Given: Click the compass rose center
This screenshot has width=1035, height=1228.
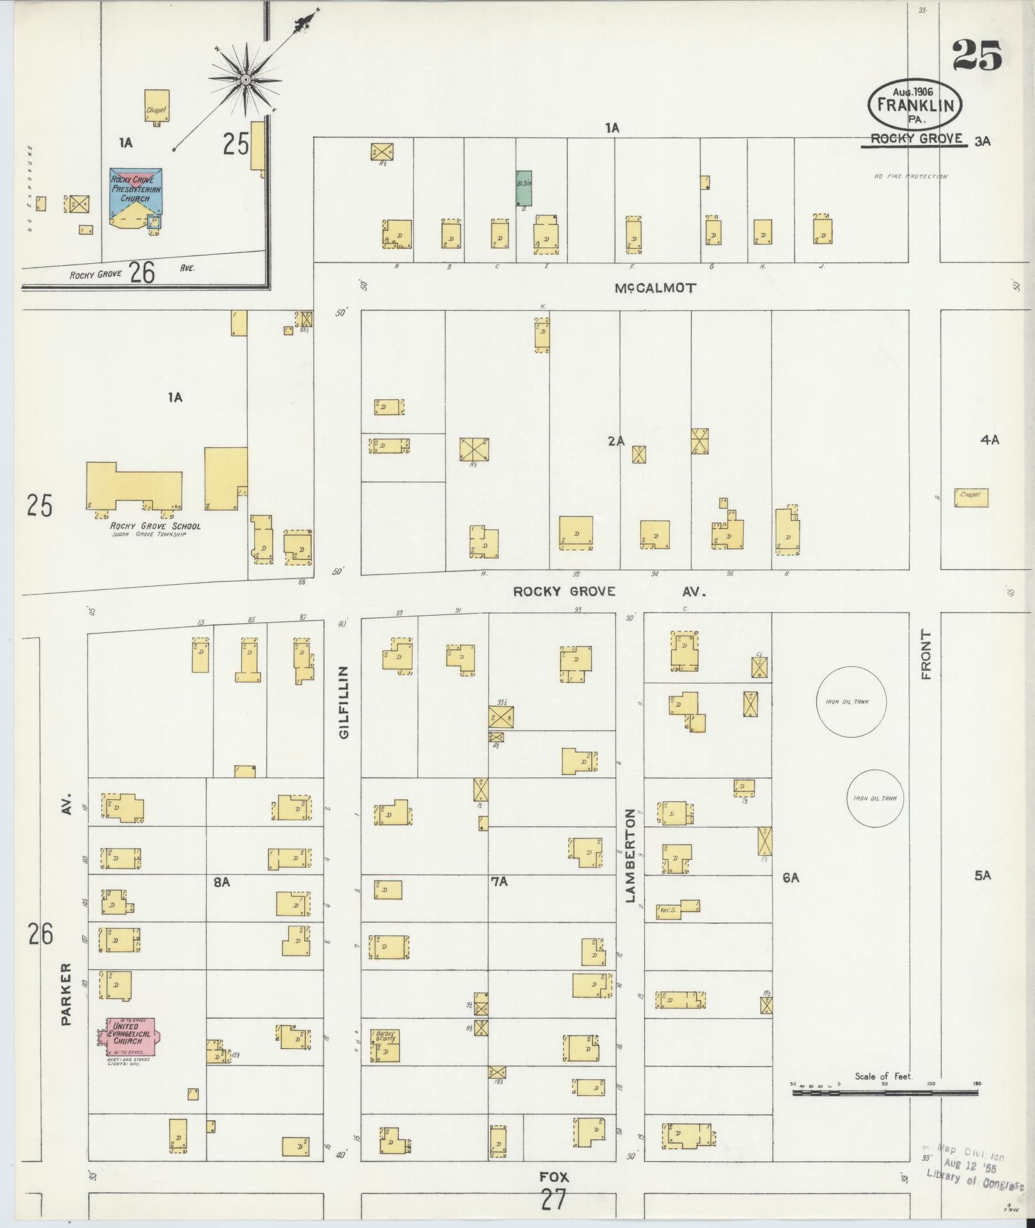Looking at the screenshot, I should [245, 80].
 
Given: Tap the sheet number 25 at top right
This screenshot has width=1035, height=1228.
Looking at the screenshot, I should [977, 55].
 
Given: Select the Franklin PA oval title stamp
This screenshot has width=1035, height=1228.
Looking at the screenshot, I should [915, 105].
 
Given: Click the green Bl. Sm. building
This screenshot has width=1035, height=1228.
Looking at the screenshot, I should [524, 187].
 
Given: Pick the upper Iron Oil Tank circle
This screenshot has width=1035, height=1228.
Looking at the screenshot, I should [851, 702].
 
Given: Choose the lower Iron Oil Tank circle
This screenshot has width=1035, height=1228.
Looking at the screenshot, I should [875, 799].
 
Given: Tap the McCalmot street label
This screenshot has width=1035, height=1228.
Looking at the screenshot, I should [654, 288].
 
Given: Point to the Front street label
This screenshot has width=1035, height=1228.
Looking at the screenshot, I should [925, 654].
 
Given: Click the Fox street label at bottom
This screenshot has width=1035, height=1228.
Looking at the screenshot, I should [553, 1177].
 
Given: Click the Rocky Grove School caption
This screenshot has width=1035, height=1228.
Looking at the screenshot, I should [155, 526].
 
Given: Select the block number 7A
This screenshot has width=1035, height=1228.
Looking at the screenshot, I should [499, 882].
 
